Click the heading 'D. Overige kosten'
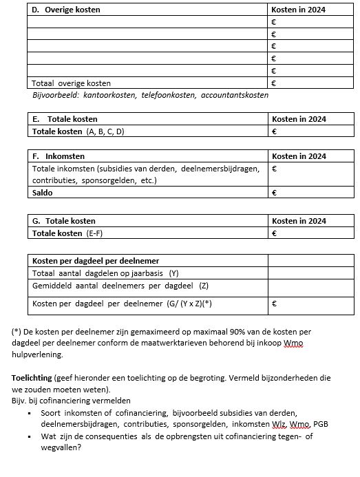(66, 10)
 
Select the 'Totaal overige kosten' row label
(72, 83)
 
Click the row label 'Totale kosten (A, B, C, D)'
(78, 131)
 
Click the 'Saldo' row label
(43, 193)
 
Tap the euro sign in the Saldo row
(274, 193)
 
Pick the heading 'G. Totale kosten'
(64, 221)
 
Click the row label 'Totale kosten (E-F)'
(67, 233)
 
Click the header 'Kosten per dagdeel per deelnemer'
(96, 260)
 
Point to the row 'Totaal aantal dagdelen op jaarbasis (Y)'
(105, 273)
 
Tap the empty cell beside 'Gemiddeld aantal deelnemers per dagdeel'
(311, 285)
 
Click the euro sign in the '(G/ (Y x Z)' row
(274, 303)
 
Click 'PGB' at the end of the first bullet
(321, 423)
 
